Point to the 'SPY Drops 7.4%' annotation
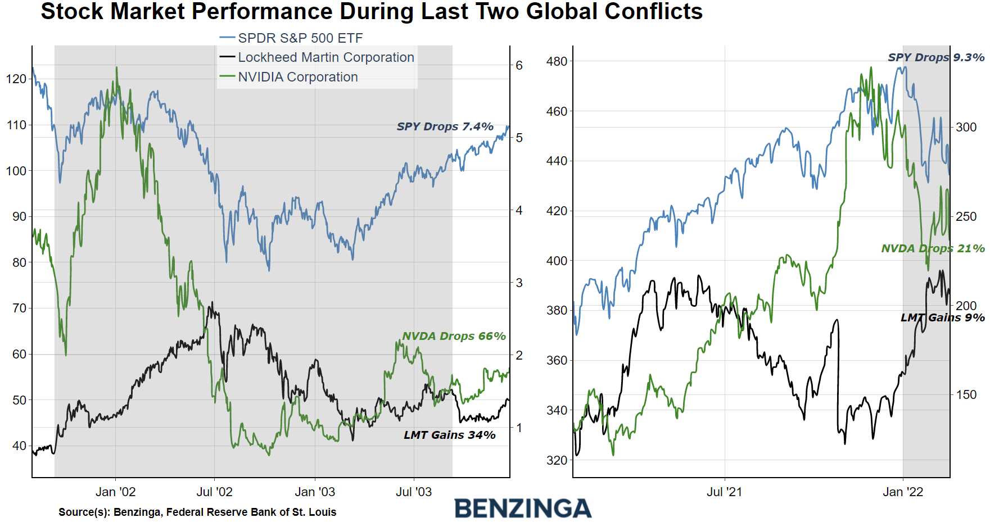445,126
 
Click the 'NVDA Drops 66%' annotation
454,336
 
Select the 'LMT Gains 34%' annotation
449,435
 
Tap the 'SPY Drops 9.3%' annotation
935,57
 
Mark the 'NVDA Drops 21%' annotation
932,248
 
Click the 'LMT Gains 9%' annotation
942,317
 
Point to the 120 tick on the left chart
16,79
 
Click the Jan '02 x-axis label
115,492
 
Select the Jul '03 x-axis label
414,492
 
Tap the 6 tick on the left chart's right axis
519,66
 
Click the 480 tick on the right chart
557,61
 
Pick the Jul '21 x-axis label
724,492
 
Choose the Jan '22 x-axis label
903,492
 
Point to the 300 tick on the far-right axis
966,128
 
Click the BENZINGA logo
522,509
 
